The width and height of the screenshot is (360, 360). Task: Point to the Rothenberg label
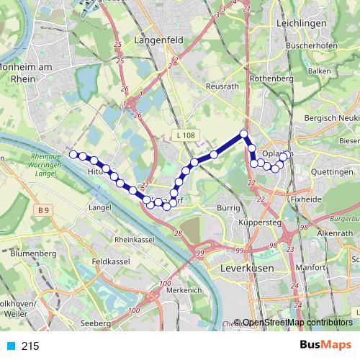pyautogui.click(x=270, y=78)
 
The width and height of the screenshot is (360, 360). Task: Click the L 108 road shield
pyautogui.click(x=185, y=135)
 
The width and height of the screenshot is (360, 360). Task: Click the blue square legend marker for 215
pyautogui.click(x=9, y=346)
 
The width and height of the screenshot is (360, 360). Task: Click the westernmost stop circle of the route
pyautogui.click(x=73, y=153)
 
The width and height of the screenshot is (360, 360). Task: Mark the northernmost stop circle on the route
pyautogui.click(x=244, y=133)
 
